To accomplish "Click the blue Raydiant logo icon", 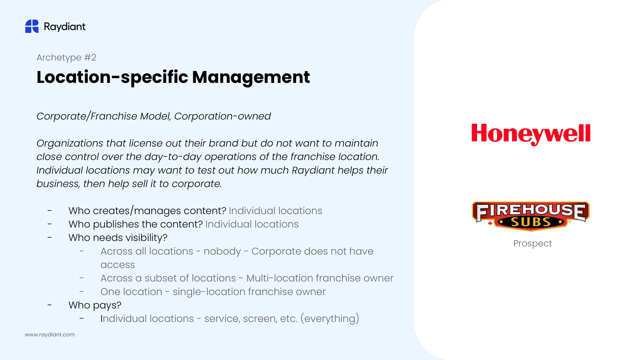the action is click(32, 26).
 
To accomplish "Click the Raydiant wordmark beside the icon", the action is click(65, 27).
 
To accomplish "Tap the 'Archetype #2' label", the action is click(66, 57).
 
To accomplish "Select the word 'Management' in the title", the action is click(251, 77).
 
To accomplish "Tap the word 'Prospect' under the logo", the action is click(532, 244).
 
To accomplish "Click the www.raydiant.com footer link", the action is click(50, 334).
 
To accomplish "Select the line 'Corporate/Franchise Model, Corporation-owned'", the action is click(154, 116).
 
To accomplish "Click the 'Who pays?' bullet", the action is click(95, 305).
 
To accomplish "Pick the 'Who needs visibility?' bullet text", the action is click(118, 238).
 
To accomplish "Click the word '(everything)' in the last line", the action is click(330, 319).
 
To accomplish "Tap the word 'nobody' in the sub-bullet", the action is click(222, 252).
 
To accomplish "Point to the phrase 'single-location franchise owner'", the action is click(249, 292).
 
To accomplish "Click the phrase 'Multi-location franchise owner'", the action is click(320, 278).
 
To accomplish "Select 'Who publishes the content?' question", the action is click(136, 224).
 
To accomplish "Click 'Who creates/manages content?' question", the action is click(148, 211).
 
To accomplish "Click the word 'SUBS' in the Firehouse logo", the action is click(531, 222).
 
